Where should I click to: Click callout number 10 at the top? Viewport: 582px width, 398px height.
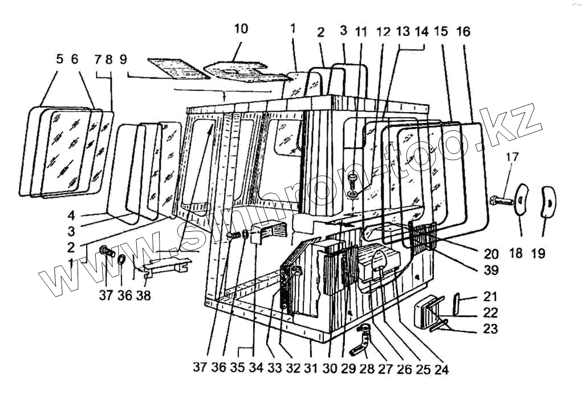[241, 29]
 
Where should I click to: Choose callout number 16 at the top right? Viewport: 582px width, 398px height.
[463, 31]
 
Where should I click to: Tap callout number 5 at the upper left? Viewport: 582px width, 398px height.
[59, 59]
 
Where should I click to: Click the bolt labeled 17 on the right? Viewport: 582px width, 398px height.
[502, 200]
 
